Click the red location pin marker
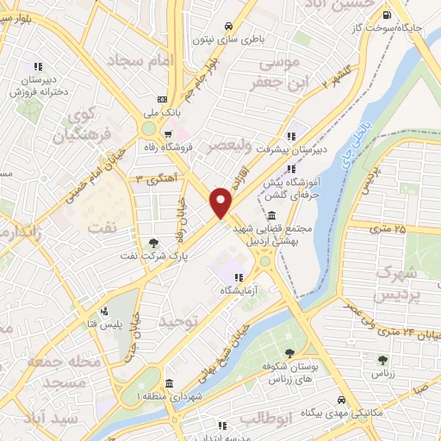[221, 202]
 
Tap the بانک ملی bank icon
[164, 99]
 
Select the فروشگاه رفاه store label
[196, 147]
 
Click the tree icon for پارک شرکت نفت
[154, 243]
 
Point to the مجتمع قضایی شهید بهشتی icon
[272, 215]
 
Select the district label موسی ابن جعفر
[276, 73]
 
